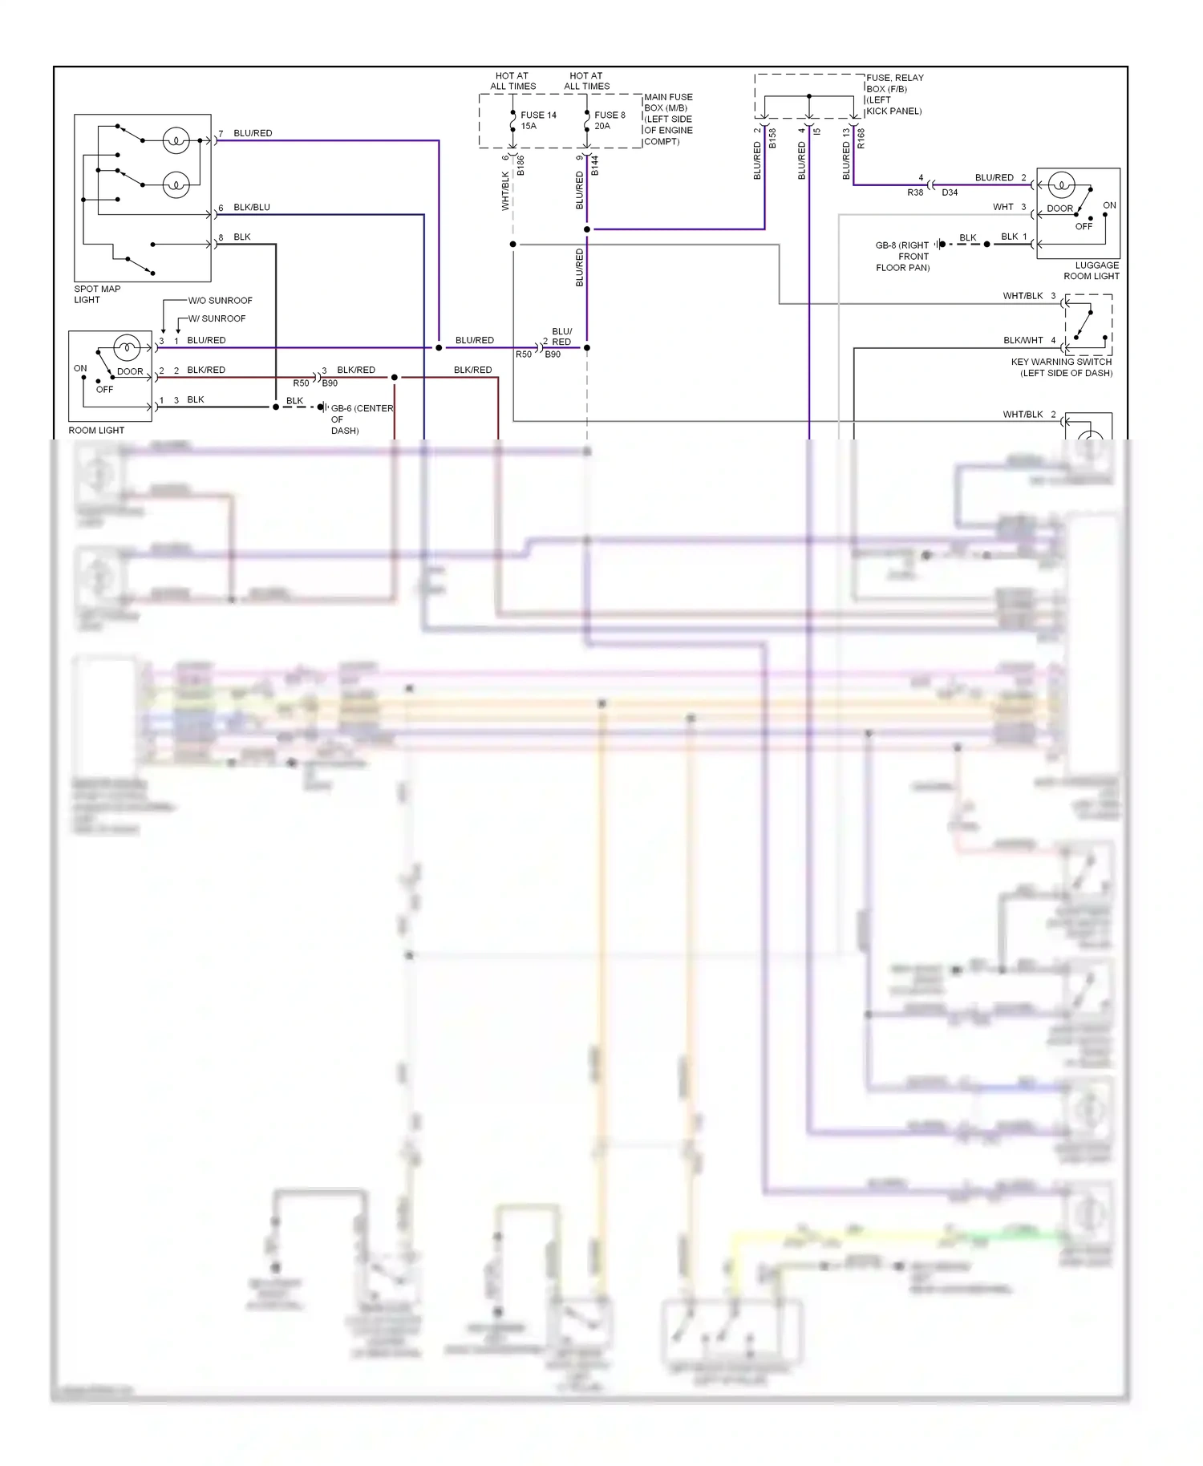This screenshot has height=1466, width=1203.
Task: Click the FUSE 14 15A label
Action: tap(537, 120)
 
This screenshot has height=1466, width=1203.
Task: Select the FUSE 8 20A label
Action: tap(609, 120)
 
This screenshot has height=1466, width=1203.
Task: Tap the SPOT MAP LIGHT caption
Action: tap(97, 294)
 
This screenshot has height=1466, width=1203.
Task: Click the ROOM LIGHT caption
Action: tap(96, 431)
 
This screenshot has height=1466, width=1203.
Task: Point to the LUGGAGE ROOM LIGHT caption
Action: tap(1092, 270)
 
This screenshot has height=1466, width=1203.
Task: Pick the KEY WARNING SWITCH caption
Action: tap(1061, 367)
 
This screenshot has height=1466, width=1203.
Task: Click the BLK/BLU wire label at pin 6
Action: tap(251, 207)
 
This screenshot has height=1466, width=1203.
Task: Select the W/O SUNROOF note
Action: tap(220, 301)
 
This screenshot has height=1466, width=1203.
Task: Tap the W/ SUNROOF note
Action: tap(217, 318)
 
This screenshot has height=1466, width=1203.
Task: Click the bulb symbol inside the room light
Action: tap(127, 347)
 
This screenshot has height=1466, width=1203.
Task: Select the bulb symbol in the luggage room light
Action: tap(1061, 185)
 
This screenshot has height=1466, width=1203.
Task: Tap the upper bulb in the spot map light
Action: tap(176, 140)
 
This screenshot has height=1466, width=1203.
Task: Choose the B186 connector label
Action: tap(520, 166)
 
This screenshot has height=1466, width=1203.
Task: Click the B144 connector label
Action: tap(594, 166)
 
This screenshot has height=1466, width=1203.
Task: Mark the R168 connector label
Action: tap(861, 139)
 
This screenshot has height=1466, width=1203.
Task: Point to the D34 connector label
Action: tap(950, 192)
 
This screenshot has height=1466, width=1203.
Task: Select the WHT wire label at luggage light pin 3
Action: tap(1003, 207)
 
